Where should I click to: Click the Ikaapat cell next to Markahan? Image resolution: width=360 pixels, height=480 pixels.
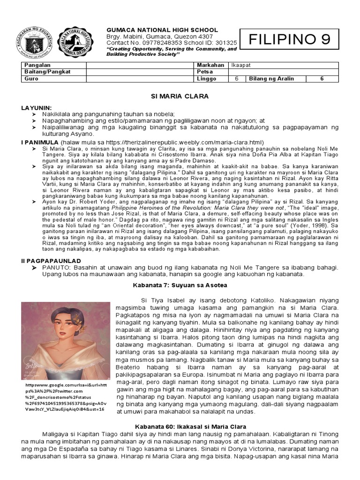click(x=239, y=65)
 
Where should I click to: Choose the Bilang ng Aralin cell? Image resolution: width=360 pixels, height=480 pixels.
click(x=272, y=79)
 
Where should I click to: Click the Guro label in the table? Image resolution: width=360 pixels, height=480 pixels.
click(x=30, y=79)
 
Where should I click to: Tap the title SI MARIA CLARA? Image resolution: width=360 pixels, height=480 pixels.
click(x=179, y=96)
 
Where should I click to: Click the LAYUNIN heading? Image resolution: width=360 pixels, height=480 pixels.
click(x=37, y=108)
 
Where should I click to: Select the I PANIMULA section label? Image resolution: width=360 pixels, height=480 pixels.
click(x=39, y=142)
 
